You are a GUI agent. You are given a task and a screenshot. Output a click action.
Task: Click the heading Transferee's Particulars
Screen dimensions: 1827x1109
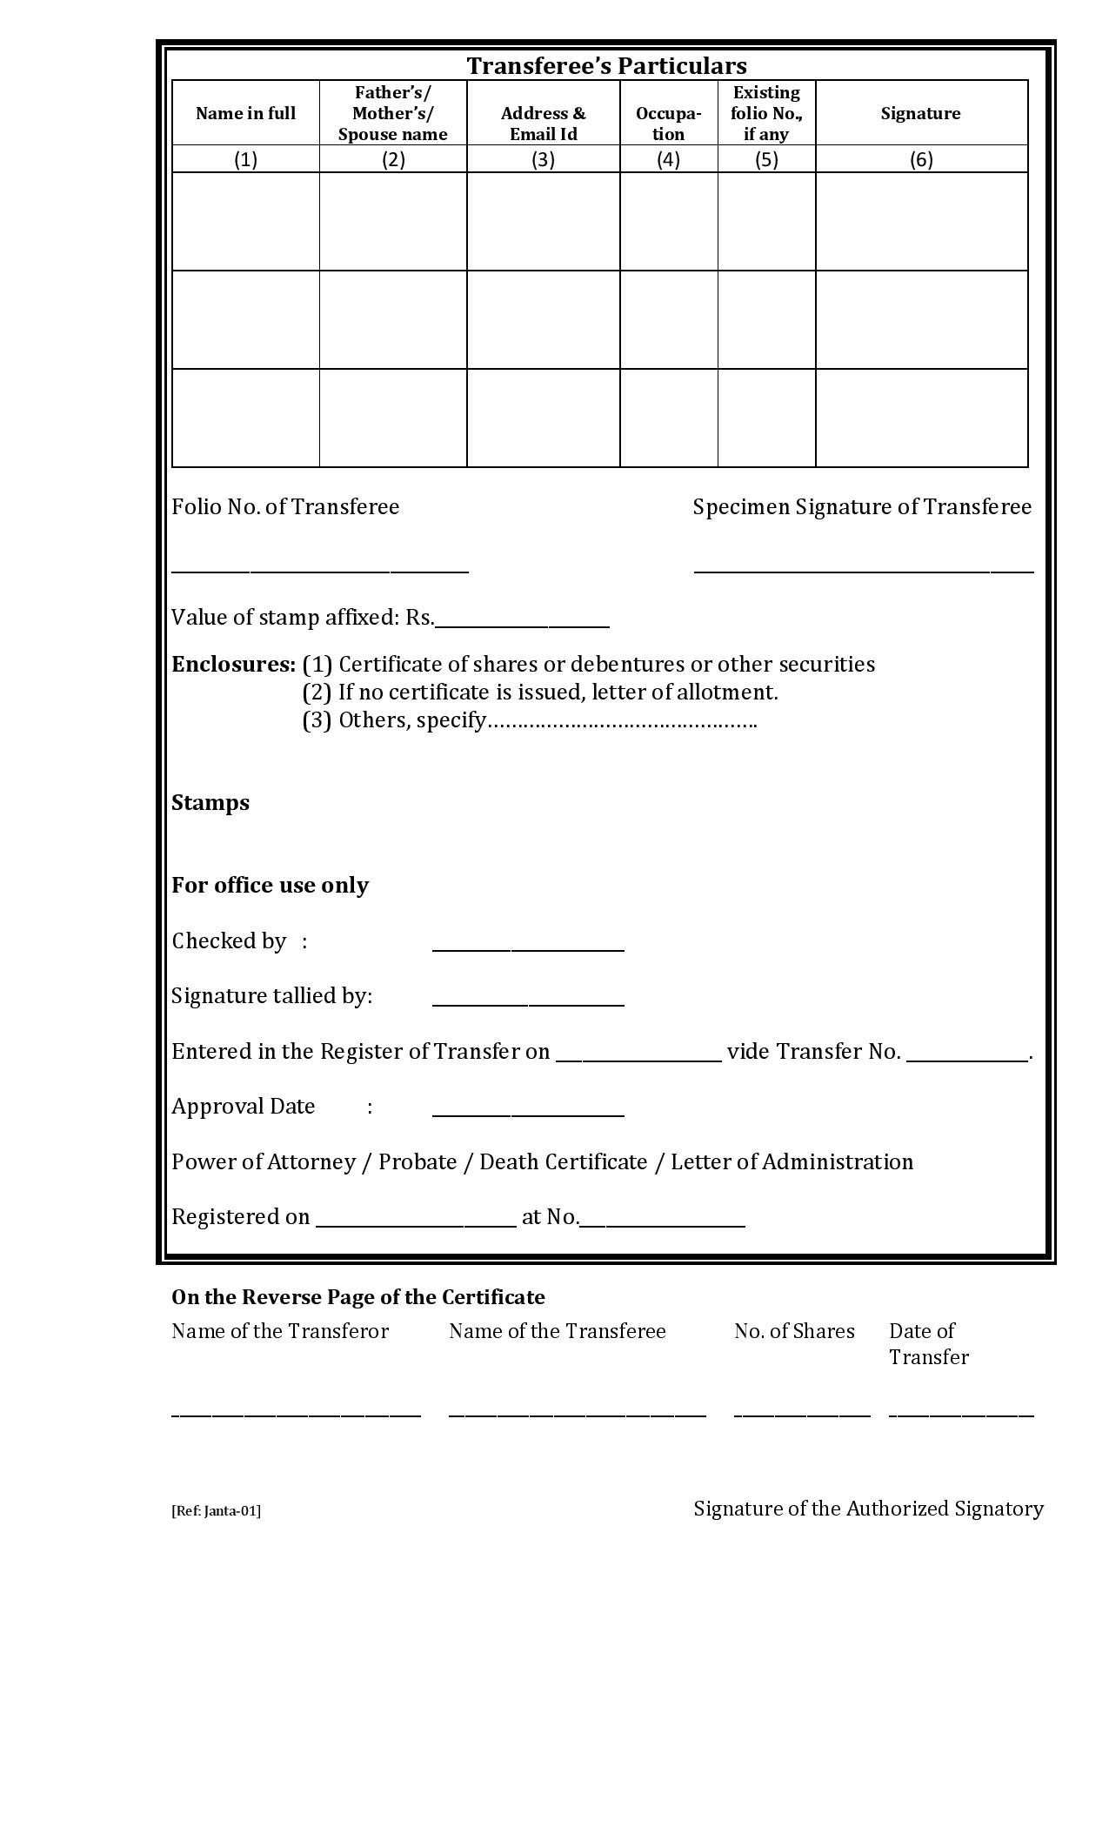coord(606,66)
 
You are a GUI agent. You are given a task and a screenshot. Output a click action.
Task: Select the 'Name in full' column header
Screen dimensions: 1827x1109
coord(245,113)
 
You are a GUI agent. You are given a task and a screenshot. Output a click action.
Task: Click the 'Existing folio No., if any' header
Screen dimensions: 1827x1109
coord(765,113)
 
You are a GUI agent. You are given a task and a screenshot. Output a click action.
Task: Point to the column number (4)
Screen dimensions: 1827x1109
coord(668,159)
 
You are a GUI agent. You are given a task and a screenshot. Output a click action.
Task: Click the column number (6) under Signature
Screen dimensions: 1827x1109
coord(921,159)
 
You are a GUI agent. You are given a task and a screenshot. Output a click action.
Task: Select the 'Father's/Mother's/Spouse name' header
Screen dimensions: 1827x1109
coord(393,113)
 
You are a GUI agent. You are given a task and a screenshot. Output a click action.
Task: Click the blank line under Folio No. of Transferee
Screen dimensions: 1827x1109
coord(320,570)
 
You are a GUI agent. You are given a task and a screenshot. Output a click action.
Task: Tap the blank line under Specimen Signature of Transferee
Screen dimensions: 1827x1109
coord(864,570)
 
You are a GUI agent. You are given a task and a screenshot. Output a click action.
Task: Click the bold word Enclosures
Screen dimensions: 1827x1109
coord(233,665)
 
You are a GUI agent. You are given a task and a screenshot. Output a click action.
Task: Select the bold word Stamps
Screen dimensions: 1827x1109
coord(210,802)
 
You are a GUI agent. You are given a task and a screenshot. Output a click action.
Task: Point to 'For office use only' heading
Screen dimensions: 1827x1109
coord(270,885)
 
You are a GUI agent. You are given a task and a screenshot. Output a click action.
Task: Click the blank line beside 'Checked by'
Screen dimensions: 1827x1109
coord(528,948)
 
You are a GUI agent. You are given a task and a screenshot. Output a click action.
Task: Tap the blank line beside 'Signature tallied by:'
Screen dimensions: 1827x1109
coord(528,1003)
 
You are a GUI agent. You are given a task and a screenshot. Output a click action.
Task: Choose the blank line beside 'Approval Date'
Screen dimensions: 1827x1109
coord(528,1114)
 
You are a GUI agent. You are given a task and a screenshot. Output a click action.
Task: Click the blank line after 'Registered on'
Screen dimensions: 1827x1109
coord(416,1224)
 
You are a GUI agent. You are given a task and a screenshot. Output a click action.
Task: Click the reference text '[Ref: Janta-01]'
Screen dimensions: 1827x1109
coord(216,1510)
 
